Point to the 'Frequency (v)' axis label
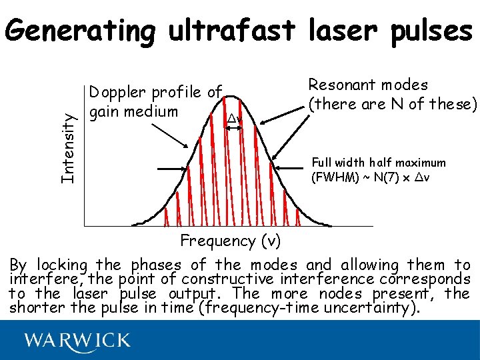(x=231, y=240)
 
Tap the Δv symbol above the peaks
(x=233, y=119)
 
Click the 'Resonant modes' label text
(x=367, y=85)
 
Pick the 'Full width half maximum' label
(x=379, y=163)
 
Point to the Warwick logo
(x=77, y=341)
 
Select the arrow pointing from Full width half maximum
(x=299, y=169)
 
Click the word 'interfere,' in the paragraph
(x=41, y=279)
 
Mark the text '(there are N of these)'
(x=392, y=104)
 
